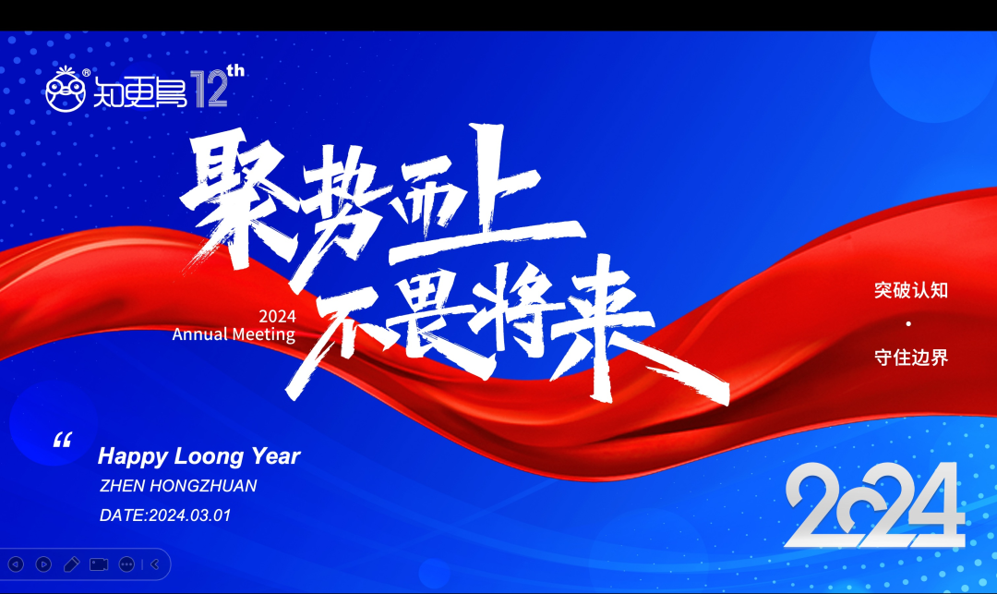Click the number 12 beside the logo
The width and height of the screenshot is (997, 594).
211,90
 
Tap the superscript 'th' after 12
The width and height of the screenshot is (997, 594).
235,70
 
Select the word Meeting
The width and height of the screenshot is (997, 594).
263,333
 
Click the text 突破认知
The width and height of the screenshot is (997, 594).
911,290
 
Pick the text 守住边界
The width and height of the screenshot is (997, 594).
911,357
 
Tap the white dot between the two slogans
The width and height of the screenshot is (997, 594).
908,323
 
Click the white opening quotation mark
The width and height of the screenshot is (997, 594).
62,440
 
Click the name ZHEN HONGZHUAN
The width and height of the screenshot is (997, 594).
178,486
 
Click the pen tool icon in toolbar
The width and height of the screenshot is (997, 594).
71,564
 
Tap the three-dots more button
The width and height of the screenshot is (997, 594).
126,564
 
